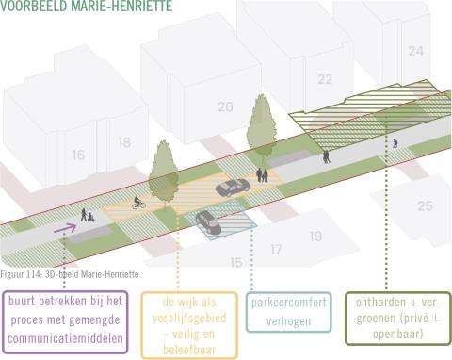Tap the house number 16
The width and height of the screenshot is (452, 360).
(78, 155)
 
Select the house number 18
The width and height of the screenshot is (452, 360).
(124, 142)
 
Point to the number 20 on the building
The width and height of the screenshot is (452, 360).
(225, 107)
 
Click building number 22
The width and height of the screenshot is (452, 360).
(324, 79)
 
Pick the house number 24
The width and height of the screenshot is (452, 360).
(415, 50)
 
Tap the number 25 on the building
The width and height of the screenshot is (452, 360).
(425, 205)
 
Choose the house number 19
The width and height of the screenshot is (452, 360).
(316, 237)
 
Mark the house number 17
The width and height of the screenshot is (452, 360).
(275, 250)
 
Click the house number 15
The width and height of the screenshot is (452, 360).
(236, 262)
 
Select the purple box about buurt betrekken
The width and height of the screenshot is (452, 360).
(65, 320)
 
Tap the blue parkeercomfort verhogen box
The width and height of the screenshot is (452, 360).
(287, 312)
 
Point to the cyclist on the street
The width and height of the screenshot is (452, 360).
(139, 202)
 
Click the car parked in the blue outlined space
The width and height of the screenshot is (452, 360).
(207, 222)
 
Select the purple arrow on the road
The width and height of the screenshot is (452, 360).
(65, 227)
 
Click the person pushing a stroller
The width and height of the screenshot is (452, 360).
(86, 215)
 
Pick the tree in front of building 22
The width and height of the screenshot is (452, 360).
(261, 123)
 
